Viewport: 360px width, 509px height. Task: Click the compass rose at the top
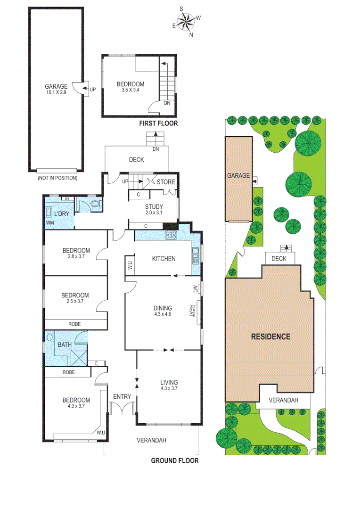click(x=187, y=21)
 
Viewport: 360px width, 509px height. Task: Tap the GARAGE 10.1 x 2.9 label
click(x=56, y=89)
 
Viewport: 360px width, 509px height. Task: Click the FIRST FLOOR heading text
click(x=158, y=123)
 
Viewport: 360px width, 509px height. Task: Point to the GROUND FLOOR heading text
click(x=174, y=460)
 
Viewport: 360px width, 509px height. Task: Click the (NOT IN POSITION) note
click(x=57, y=178)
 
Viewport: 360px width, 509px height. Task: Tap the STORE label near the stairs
click(x=166, y=182)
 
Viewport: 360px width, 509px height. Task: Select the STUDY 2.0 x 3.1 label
click(x=154, y=209)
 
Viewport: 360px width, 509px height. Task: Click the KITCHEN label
click(x=164, y=258)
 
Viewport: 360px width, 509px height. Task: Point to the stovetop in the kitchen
click(x=170, y=235)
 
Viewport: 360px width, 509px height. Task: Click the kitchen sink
click(x=196, y=255)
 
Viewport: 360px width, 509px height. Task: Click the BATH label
click(x=65, y=345)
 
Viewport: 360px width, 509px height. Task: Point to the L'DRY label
click(x=61, y=214)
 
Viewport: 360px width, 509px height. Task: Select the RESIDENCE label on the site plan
click(x=270, y=337)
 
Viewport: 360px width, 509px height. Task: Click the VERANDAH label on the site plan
click(x=283, y=400)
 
